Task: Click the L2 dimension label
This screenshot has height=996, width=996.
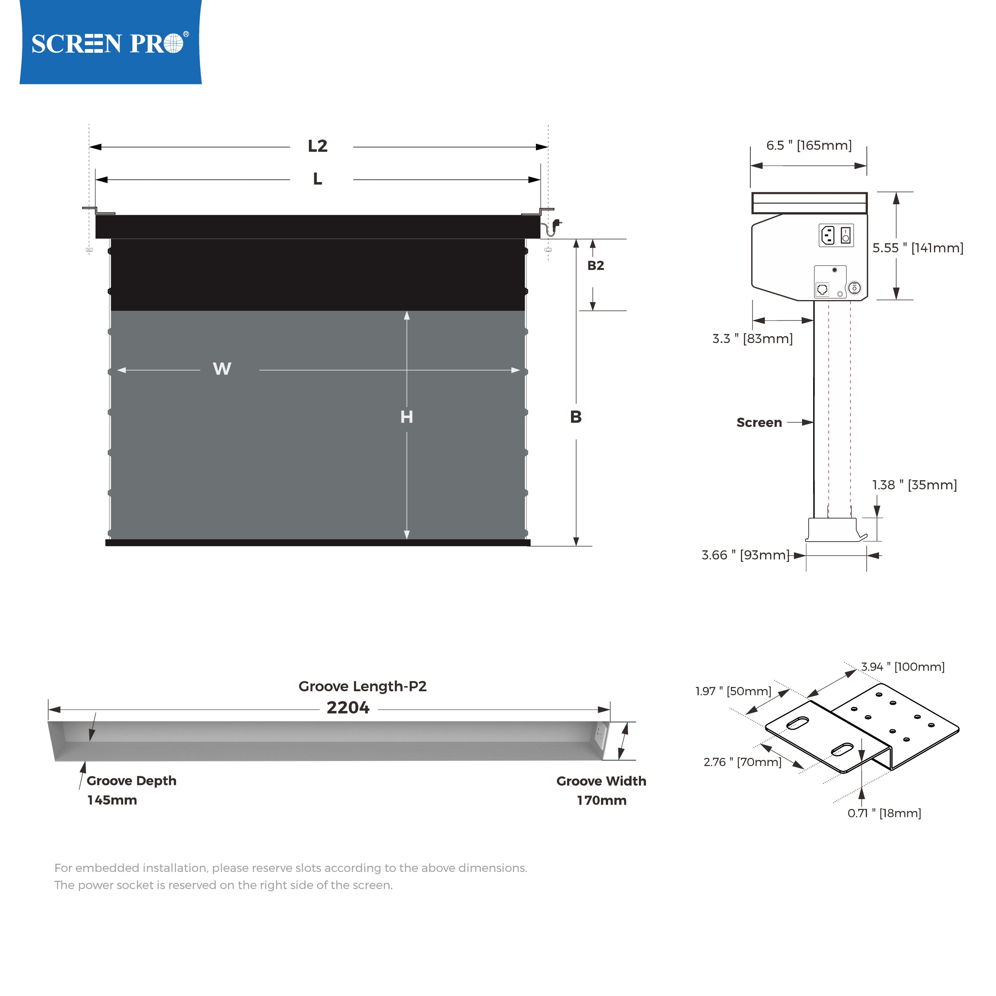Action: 318,146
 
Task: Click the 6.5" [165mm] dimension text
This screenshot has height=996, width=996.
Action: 808,145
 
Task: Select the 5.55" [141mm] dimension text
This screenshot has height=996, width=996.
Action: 918,248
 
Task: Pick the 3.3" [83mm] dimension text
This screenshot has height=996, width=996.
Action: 752,339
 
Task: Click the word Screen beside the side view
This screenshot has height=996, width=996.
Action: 759,423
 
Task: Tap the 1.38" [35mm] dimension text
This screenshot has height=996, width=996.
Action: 914,485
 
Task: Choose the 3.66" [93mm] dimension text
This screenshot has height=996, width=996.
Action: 745,555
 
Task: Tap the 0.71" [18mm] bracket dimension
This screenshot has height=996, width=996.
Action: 884,813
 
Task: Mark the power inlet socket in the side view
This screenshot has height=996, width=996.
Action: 827,236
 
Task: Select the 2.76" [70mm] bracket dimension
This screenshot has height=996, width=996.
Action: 742,762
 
